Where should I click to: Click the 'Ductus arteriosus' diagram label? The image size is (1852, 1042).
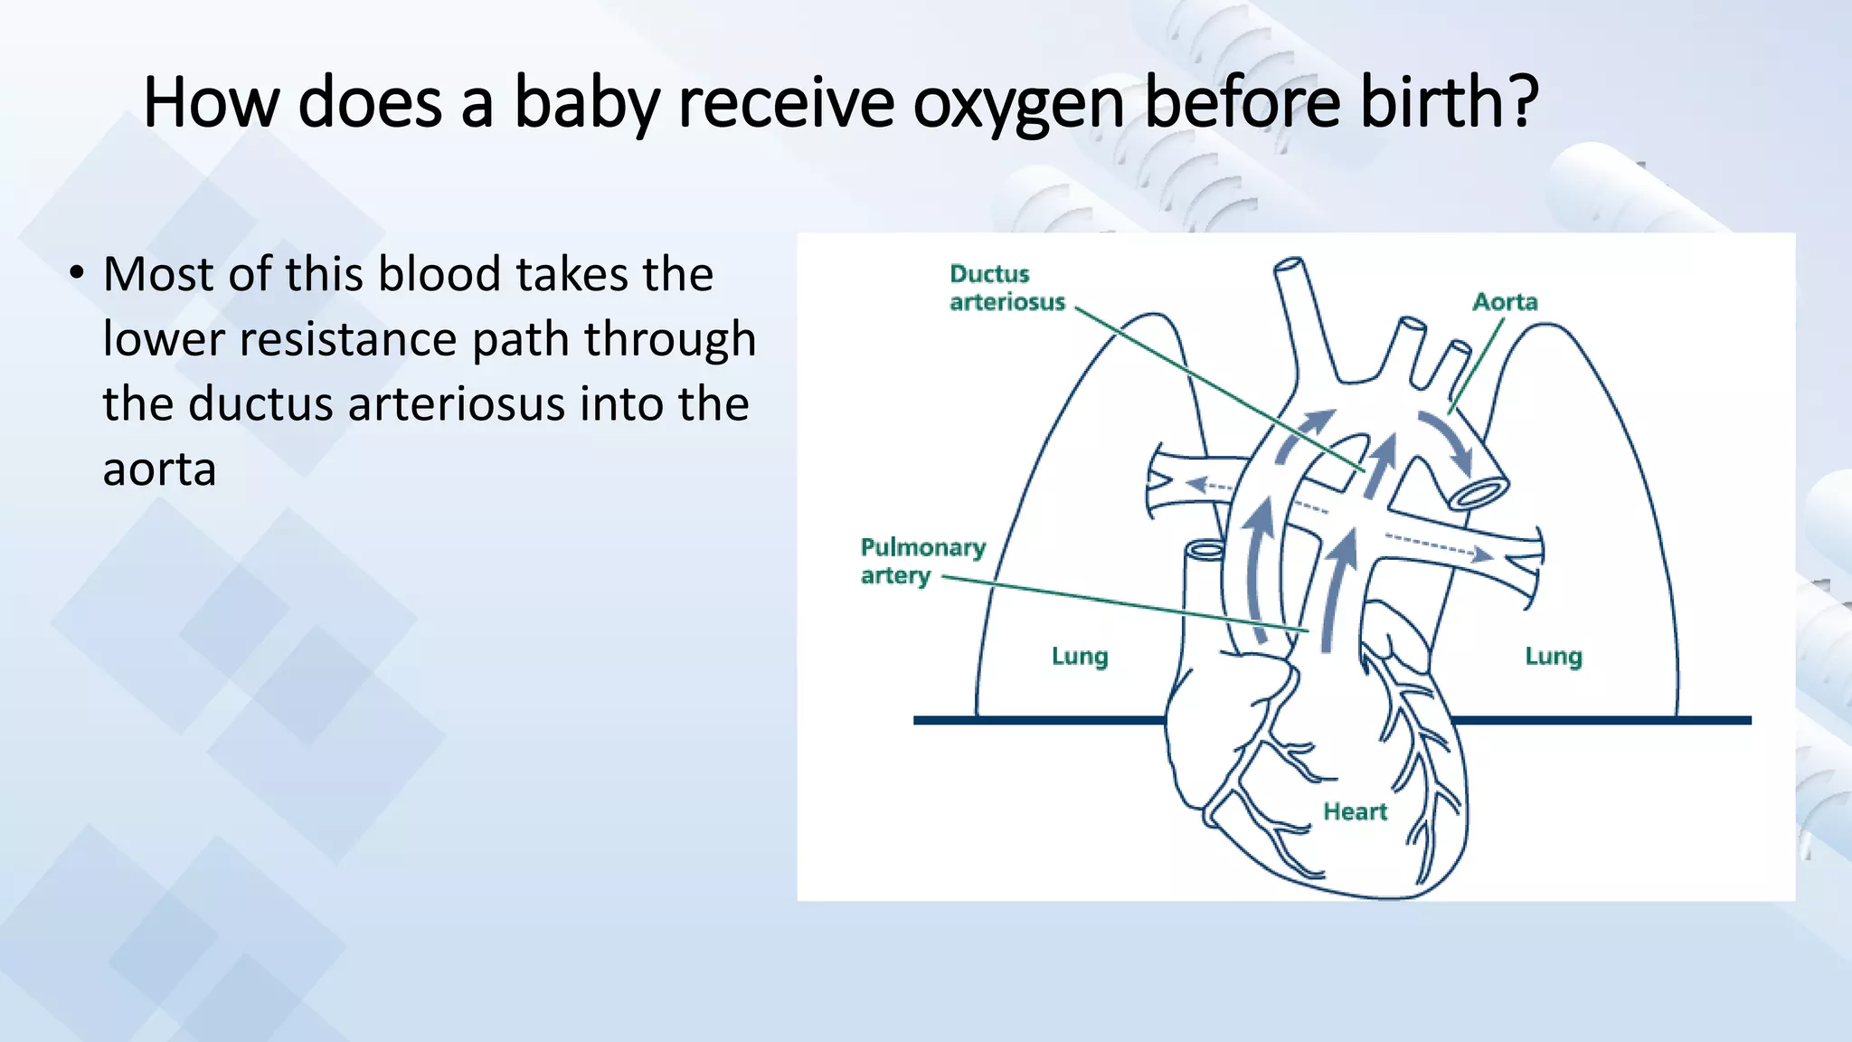pos(1006,288)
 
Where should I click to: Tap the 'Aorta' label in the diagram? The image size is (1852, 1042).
pos(1505,302)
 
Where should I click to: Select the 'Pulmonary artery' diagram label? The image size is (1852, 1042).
pos(922,561)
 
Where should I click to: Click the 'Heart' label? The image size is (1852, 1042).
pos(1355,811)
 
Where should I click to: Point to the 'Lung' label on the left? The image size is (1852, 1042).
pos(1080,656)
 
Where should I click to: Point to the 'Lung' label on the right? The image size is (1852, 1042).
pos(1554,656)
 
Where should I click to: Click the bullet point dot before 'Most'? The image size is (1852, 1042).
pos(77,272)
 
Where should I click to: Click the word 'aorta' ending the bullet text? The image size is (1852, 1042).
pos(159,469)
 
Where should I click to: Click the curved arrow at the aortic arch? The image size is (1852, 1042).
pos(1447,440)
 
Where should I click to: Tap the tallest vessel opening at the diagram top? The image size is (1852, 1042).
pos(1289,268)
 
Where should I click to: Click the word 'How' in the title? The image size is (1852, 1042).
pos(211,102)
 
